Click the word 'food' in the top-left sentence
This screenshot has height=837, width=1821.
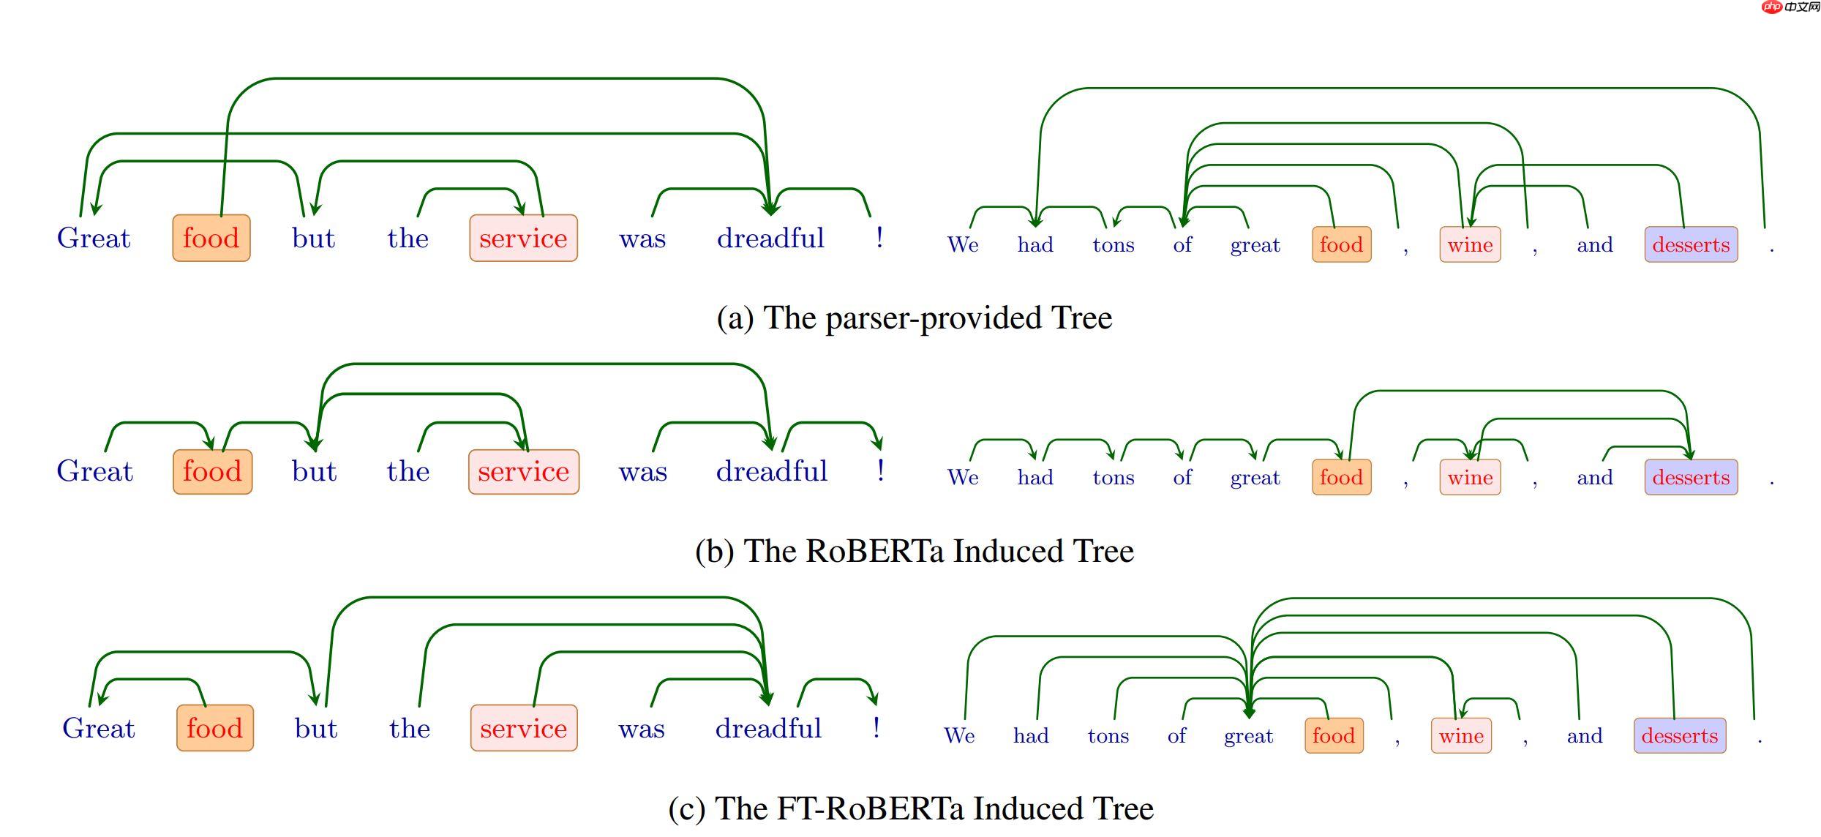211,239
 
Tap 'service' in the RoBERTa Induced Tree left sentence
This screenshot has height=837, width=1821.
523,472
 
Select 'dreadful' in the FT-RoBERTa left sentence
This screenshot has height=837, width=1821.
768,729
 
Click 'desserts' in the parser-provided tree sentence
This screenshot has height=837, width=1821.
1690,245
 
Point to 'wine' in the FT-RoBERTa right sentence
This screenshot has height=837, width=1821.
1460,736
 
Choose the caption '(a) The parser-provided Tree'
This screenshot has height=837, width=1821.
914,318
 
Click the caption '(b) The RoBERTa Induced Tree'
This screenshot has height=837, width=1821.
914,551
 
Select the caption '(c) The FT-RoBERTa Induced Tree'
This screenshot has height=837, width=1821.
910,808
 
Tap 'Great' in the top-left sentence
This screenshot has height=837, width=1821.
94,239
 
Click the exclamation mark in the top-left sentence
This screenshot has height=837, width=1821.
879,238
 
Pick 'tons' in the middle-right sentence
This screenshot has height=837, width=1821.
1113,478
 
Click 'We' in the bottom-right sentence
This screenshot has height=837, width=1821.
958,736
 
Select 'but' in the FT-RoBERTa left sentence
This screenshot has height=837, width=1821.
315,729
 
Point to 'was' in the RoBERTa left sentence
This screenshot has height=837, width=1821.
642,472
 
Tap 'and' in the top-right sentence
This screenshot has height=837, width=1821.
1594,245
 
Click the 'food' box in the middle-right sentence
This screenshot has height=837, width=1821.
1341,478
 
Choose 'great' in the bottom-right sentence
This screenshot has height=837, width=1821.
1248,736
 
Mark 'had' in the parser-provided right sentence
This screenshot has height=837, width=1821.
1035,245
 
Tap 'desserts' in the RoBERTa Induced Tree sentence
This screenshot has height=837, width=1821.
1690,478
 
